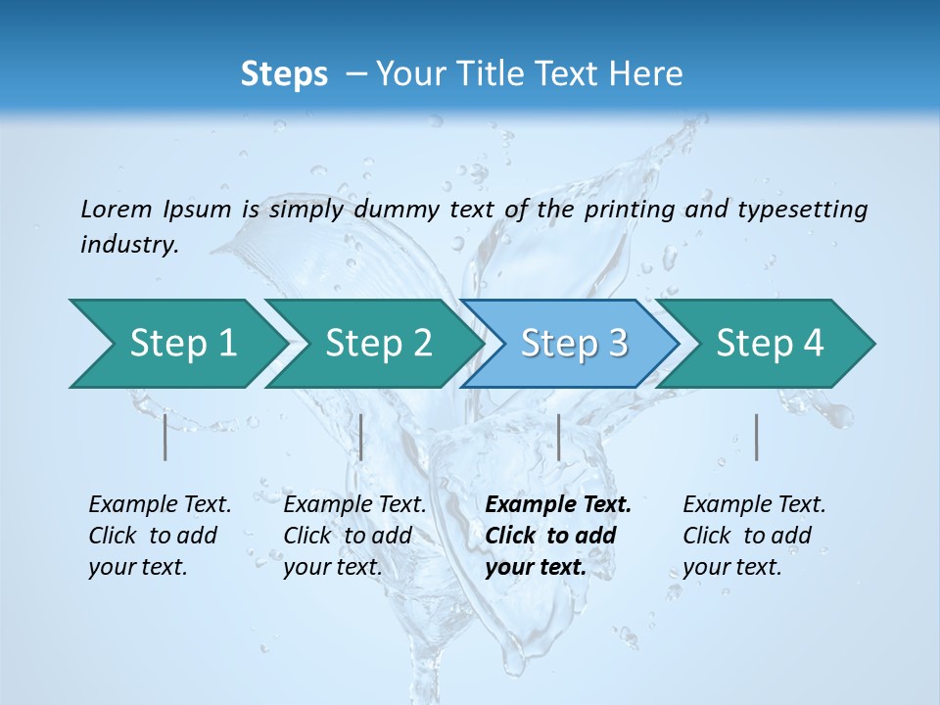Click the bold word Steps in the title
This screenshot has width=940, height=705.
tap(284, 73)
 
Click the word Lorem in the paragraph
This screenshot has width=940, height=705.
tap(116, 209)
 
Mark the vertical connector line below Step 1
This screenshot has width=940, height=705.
tap(165, 437)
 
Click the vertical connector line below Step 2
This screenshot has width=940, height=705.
tap(361, 437)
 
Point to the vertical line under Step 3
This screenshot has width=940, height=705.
tap(558, 437)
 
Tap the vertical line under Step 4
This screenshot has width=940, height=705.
tap(756, 437)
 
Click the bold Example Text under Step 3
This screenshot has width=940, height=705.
tap(558, 504)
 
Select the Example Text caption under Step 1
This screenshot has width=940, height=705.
tap(160, 504)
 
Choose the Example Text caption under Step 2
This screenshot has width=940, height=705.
tap(354, 504)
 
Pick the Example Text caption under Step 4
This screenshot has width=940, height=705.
tap(754, 504)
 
